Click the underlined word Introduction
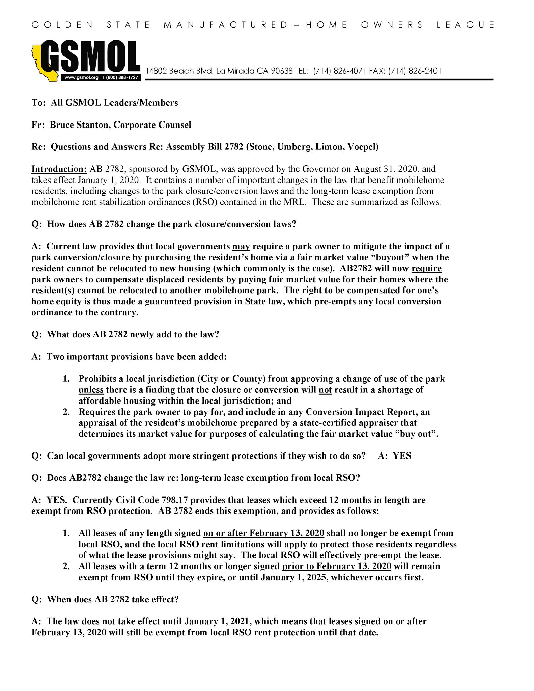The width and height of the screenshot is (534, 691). point(59,169)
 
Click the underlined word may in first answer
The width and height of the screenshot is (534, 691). point(241,247)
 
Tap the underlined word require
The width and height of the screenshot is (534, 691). point(426,269)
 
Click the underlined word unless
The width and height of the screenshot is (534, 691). point(91,390)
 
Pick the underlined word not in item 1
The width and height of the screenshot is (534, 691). point(325,390)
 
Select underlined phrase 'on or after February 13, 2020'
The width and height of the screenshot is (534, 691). point(264,533)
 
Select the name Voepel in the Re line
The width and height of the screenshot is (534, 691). point(363,147)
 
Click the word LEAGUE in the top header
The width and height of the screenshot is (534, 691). point(466,25)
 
